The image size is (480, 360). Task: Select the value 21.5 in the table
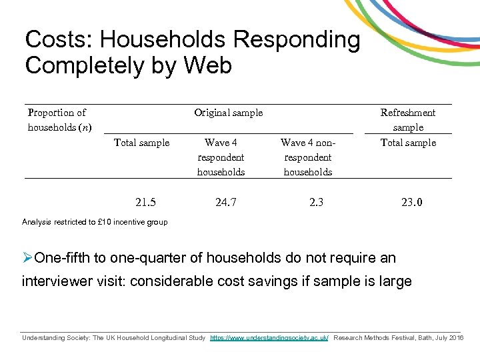point(145,202)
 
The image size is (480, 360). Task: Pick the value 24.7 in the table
point(226,202)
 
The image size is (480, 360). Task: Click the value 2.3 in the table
point(316,202)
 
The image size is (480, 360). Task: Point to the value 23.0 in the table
point(411,202)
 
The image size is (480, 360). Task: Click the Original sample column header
point(228,113)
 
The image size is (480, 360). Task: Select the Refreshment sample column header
point(408,120)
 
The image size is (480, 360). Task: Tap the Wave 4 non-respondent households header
point(307,157)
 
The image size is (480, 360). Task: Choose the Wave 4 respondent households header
point(221,157)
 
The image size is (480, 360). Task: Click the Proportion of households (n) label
point(59,120)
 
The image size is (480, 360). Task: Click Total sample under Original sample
point(141,143)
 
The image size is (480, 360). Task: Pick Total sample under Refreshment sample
point(408,143)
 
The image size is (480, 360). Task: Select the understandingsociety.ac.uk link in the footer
point(269,339)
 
